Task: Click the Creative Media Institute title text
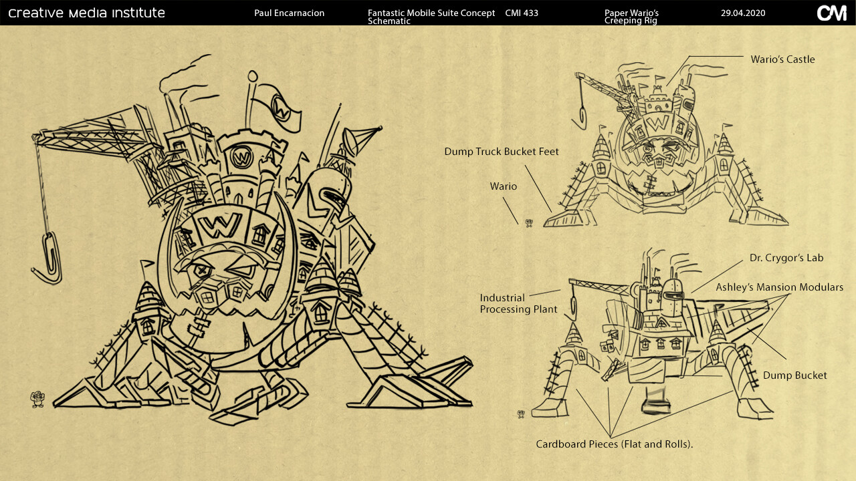[86, 13]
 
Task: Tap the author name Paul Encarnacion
[289, 13]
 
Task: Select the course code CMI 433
[522, 13]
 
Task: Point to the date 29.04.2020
[743, 13]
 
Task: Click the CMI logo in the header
[831, 13]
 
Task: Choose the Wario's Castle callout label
[782, 59]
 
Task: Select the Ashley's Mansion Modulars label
[779, 287]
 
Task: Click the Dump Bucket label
[794, 375]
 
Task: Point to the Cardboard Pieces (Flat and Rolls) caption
[614, 444]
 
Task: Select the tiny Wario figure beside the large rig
[37, 399]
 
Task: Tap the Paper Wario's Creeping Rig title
[631, 17]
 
